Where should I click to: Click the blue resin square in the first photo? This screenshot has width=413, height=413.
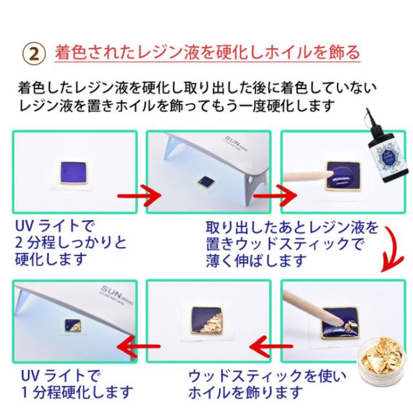click(74, 173)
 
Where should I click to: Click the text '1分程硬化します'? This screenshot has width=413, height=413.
click(77, 392)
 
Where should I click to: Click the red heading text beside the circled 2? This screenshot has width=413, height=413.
click(206, 52)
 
